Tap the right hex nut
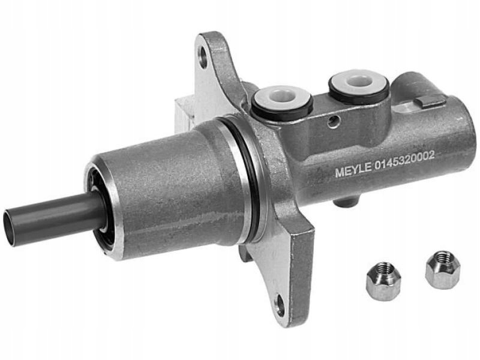point(439,270)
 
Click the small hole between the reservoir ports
point(332,122)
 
